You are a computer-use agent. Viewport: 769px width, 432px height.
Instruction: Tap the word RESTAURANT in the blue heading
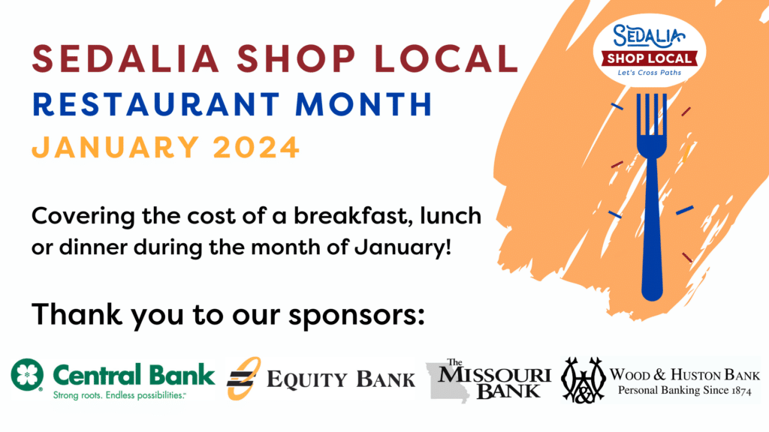[x=156, y=103]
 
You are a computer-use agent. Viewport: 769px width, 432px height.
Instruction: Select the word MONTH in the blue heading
[x=364, y=103]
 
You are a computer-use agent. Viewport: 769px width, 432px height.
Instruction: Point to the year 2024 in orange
[x=256, y=147]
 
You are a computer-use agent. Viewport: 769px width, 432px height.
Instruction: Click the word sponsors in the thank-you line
[x=356, y=316]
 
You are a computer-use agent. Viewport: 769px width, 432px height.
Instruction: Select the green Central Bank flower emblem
[x=27, y=375]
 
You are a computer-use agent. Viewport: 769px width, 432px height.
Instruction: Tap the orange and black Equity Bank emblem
[x=243, y=378]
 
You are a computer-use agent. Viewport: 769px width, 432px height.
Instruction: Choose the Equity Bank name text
[x=341, y=379]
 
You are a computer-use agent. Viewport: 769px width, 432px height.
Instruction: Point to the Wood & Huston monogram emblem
[x=583, y=380]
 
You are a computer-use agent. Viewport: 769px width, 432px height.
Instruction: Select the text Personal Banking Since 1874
[x=685, y=390]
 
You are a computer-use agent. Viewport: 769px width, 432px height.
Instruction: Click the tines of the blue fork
[x=652, y=115]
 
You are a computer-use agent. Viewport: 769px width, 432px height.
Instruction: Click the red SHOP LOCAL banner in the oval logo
[x=650, y=58]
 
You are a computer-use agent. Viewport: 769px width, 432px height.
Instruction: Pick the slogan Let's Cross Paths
[x=650, y=73]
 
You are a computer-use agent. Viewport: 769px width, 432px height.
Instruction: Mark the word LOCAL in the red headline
[x=446, y=58]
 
